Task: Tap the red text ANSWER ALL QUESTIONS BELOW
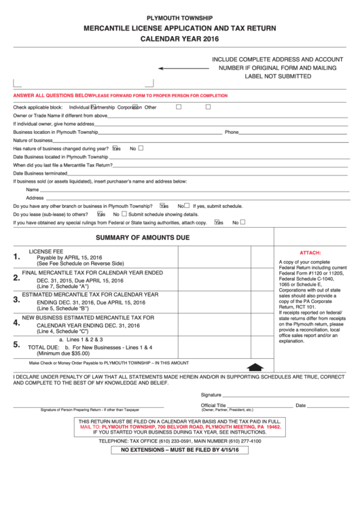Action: [x=52, y=96]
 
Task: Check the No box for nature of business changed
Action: [x=141, y=147]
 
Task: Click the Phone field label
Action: [x=232, y=132]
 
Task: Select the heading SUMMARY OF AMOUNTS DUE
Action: [x=142, y=238]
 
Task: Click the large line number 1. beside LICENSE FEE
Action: [x=16, y=257]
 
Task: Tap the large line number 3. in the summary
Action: [x=16, y=299]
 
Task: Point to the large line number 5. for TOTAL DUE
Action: [x=16, y=345]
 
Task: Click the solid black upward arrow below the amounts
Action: [x=255, y=366]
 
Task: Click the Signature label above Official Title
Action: [x=211, y=395]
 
